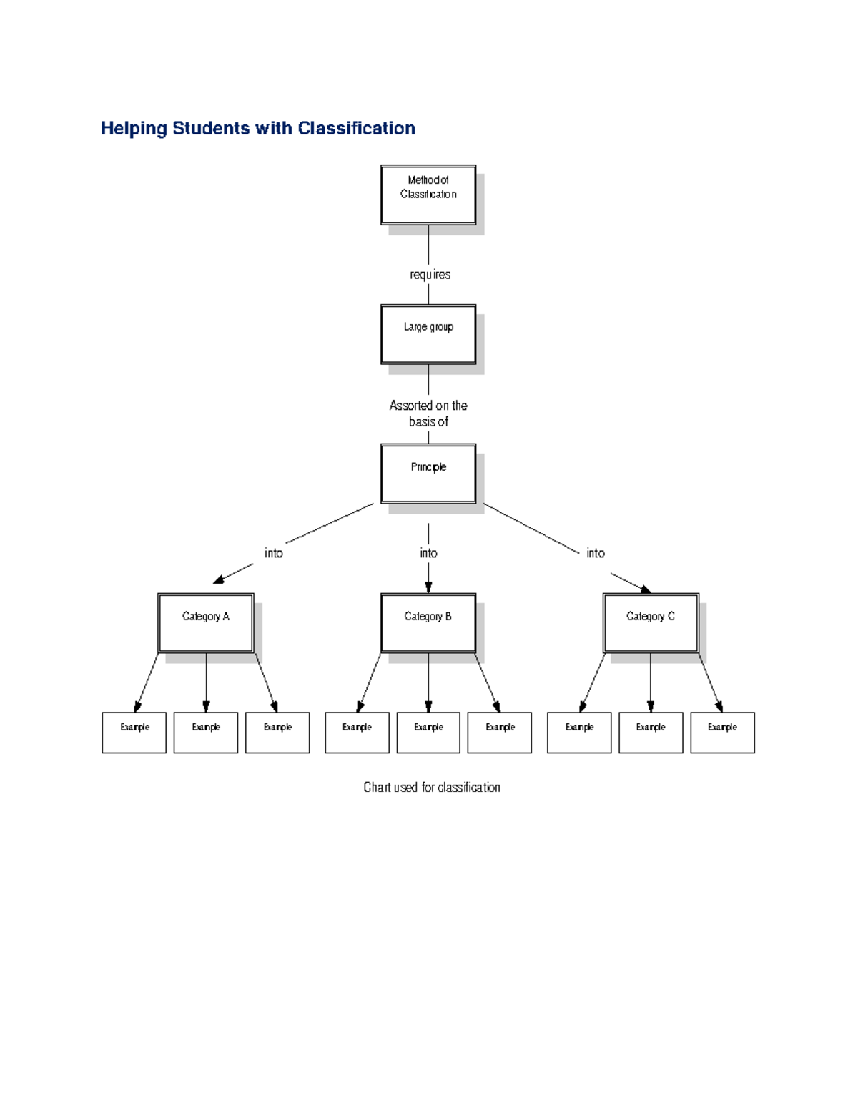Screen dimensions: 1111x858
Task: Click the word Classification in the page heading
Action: [356, 128]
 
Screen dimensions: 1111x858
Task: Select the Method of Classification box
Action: [428, 195]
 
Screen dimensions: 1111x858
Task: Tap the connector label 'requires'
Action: [430, 275]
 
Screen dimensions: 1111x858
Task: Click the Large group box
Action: [428, 334]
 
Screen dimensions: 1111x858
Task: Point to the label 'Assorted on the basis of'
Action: [428, 413]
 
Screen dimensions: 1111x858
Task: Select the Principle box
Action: [428, 474]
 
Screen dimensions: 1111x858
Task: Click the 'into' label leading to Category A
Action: [273, 553]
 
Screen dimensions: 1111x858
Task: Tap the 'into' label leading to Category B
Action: [428, 553]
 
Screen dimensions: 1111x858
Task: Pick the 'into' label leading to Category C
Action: [595, 553]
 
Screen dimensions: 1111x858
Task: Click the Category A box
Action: [206, 622]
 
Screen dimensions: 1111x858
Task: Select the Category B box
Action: [428, 622]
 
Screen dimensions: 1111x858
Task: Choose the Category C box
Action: [651, 622]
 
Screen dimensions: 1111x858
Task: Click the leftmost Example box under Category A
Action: [134, 732]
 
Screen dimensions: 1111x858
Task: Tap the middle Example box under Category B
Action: [428, 732]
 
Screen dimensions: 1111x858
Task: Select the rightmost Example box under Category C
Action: [722, 732]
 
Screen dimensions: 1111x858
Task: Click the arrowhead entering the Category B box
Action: [428, 587]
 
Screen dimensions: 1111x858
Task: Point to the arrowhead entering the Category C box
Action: [645, 589]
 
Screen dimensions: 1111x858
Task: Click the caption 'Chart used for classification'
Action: [431, 787]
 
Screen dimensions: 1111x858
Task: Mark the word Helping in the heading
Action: [134, 128]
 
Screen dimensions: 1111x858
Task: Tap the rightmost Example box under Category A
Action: [277, 732]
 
